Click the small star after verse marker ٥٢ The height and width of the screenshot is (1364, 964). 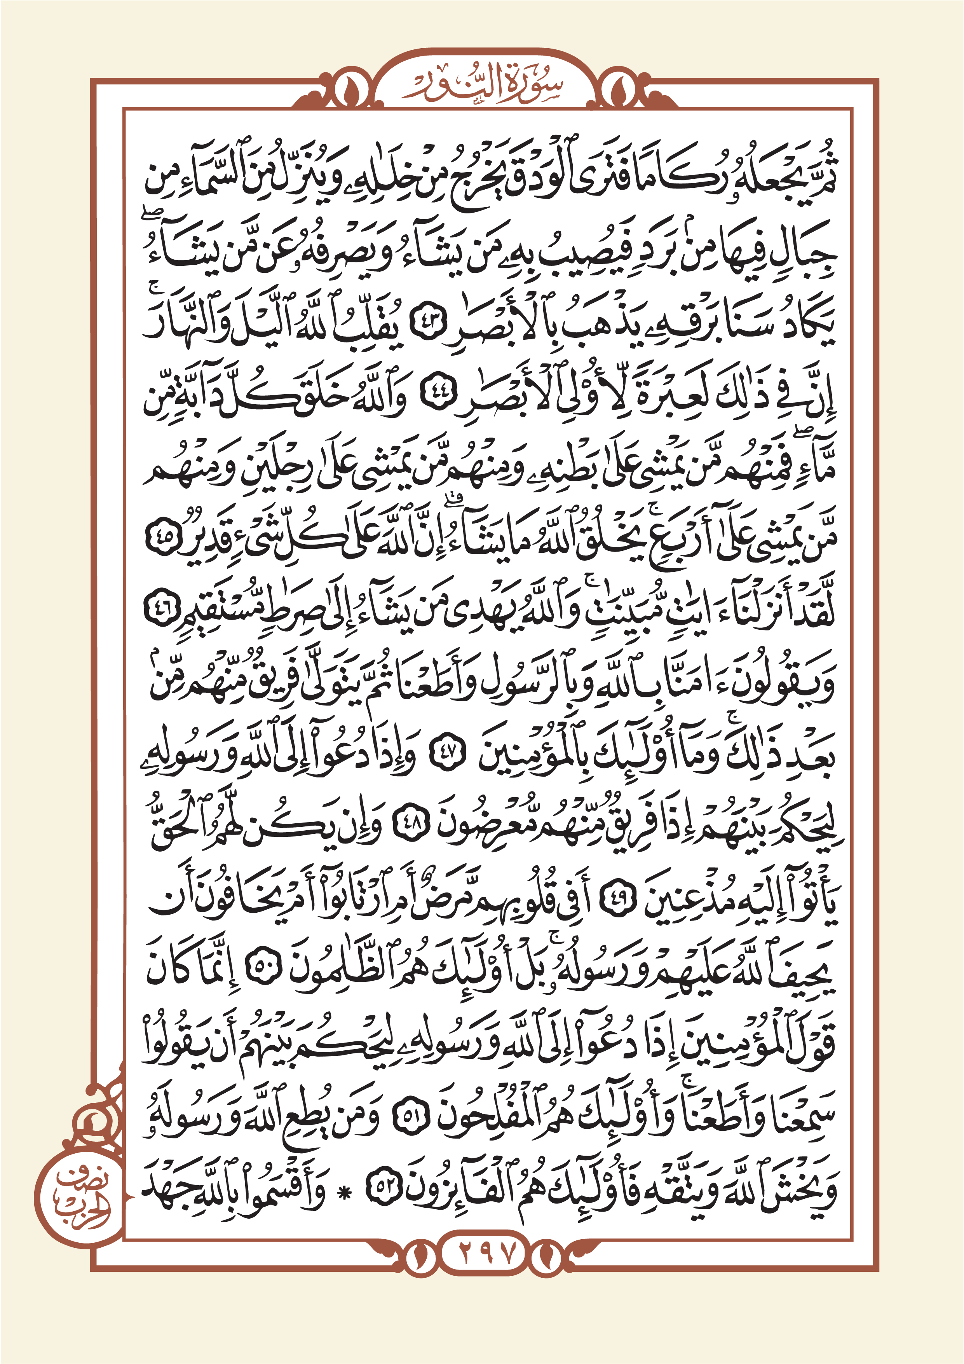(343, 1190)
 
